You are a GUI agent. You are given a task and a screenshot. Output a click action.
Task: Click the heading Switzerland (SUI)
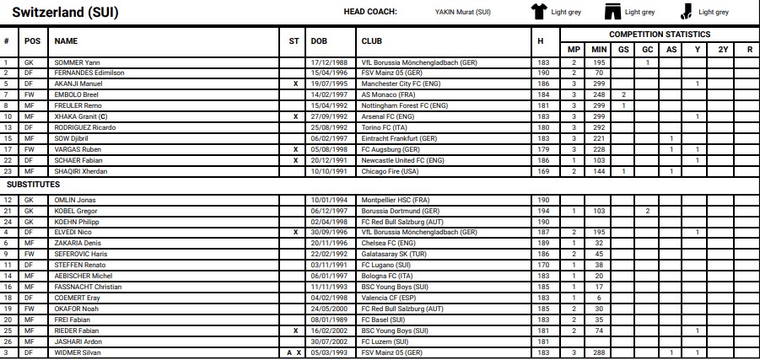(x=63, y=12)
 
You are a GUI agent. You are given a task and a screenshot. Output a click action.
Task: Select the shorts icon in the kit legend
(x=612, y=12)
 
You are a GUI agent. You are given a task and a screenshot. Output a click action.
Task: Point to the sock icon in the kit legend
(x=687, y=12)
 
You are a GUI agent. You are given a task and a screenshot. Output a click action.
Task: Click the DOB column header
(x=320, y=40)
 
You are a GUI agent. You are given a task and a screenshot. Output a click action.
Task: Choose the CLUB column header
(x=371, y=40)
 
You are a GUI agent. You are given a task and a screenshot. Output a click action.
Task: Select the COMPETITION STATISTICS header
(x=660, y=35)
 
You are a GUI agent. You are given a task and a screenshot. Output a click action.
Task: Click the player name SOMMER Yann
(x=78, y=62)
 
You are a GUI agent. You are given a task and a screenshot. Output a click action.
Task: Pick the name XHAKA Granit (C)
(x=81, y=116)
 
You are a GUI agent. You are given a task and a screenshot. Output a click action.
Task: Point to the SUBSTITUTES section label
(x=34, y=183)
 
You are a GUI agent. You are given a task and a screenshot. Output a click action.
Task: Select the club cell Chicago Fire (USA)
(x=387, y=171)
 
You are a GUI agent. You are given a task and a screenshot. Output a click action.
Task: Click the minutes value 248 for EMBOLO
(x=598, y=95)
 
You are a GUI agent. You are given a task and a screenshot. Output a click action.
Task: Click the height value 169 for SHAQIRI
(x=542, y=171)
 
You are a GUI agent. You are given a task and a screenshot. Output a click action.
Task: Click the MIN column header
(x=598, y=49)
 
